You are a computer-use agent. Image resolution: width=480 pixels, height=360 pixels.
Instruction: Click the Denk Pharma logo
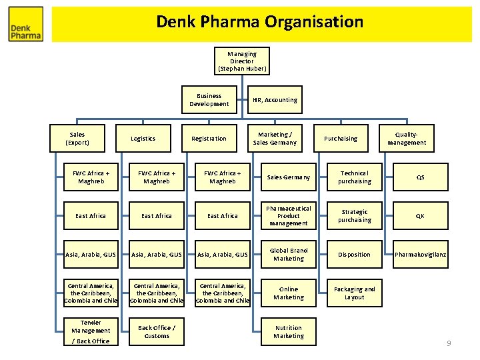click(26, 25)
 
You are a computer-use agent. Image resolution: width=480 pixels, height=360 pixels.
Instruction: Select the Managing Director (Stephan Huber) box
click(241, 61)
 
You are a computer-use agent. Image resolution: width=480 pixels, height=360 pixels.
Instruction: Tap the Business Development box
click(209, 99)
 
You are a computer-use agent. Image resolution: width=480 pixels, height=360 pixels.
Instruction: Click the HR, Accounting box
click(275, 99)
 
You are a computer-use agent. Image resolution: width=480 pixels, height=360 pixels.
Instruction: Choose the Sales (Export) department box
click(77, 138)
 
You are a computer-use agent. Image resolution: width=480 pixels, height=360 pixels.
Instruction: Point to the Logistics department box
click(143, 138)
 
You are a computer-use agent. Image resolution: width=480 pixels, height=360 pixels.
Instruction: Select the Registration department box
click(209, 138)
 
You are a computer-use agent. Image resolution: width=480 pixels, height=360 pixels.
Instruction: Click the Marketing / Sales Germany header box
click(274, 138)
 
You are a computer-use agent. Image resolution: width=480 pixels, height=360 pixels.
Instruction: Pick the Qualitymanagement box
click(406, 138)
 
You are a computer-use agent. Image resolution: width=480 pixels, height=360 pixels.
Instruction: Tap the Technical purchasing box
click(354, 177)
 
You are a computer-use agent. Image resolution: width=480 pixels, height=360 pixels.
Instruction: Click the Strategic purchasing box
click(354, 215)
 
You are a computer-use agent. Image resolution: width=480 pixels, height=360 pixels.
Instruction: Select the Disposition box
click(354, 254)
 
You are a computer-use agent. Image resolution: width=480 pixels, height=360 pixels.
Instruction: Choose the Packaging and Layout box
click(354, 293)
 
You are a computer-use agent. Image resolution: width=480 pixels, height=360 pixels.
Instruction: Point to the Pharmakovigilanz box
click(420, 254)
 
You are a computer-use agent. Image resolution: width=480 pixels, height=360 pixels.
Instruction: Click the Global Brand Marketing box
click(288, 254)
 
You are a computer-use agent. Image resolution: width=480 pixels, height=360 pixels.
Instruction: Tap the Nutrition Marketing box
click(288, 331)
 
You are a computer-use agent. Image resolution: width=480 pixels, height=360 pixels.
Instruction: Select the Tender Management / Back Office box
click(91, 331)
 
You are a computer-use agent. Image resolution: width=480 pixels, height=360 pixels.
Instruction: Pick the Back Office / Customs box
click(157, 331)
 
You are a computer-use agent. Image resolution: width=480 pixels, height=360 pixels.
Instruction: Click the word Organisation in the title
click(314, 22)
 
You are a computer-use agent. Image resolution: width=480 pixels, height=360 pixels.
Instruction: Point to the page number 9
click(449, 343)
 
